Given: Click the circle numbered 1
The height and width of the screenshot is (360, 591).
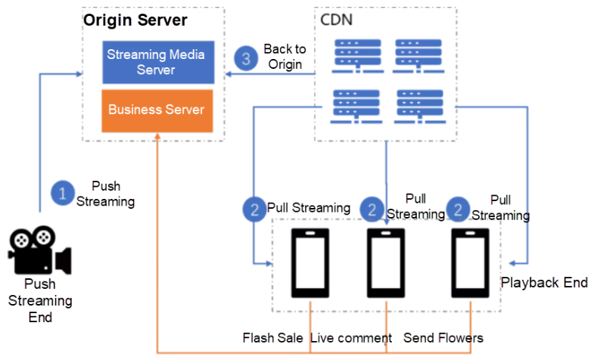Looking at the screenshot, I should (62, 193).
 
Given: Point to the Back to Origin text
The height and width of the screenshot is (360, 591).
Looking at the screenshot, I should (283, 57).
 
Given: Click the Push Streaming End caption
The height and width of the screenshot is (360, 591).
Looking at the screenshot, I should (40, 300).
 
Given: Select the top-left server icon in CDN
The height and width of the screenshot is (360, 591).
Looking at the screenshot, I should (356, 52).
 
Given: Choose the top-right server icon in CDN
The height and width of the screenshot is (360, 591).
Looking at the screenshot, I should (417, 52).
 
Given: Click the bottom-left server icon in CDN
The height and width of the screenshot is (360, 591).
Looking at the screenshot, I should (356, 105).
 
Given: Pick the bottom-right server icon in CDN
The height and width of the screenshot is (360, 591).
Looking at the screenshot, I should (417, 105).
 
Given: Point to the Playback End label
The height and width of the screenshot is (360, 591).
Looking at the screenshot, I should (544, 282).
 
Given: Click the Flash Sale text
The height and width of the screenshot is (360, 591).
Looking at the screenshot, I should (273, 337).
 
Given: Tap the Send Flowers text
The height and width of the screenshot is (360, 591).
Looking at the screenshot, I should (443, 337).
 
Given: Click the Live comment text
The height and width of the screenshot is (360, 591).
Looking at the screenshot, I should (352, 337).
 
